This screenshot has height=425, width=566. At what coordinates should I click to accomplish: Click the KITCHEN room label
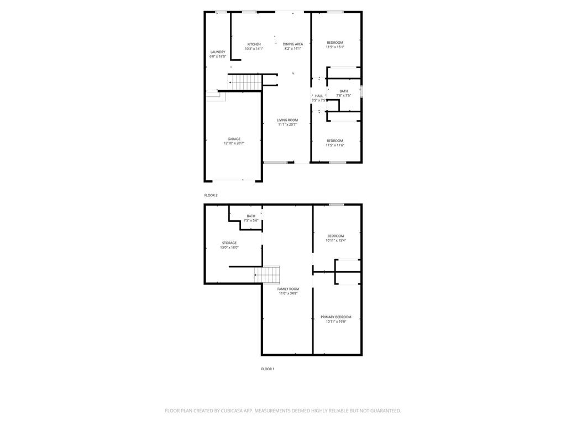pos(254,44)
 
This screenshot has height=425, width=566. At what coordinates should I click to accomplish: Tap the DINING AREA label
pos(293,44)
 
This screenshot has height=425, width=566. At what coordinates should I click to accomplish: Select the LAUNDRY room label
pos(218,52)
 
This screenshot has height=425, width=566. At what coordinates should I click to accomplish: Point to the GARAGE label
pos(234,139)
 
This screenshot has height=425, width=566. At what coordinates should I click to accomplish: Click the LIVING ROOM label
pos(287,120)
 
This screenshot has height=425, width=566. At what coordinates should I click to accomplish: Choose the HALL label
pos(319,96)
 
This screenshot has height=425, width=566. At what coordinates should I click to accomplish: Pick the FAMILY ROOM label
pos(288,289)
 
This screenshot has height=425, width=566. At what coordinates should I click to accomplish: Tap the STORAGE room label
pos(229,243)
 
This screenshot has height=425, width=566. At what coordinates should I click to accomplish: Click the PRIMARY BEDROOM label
pos(336,317)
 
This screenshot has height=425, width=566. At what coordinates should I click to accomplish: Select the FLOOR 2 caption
pos(211,195)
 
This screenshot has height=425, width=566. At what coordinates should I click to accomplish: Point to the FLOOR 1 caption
pos(268,369)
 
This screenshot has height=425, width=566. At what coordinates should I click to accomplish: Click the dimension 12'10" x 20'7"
pos(234,143)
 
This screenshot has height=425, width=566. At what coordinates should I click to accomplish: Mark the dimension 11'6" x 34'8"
pos(288,293)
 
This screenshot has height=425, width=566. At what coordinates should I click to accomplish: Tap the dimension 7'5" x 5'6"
pos(251,220)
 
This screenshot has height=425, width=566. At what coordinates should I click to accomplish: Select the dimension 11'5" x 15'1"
pos(335,47)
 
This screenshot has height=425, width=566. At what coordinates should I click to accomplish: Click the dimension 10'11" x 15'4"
pos(336,240)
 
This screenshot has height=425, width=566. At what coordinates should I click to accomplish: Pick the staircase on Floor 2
pos(246,82)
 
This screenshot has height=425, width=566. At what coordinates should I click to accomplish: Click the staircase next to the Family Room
pos(267,274)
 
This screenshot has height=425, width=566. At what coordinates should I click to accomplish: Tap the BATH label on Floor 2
pos(344,91)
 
